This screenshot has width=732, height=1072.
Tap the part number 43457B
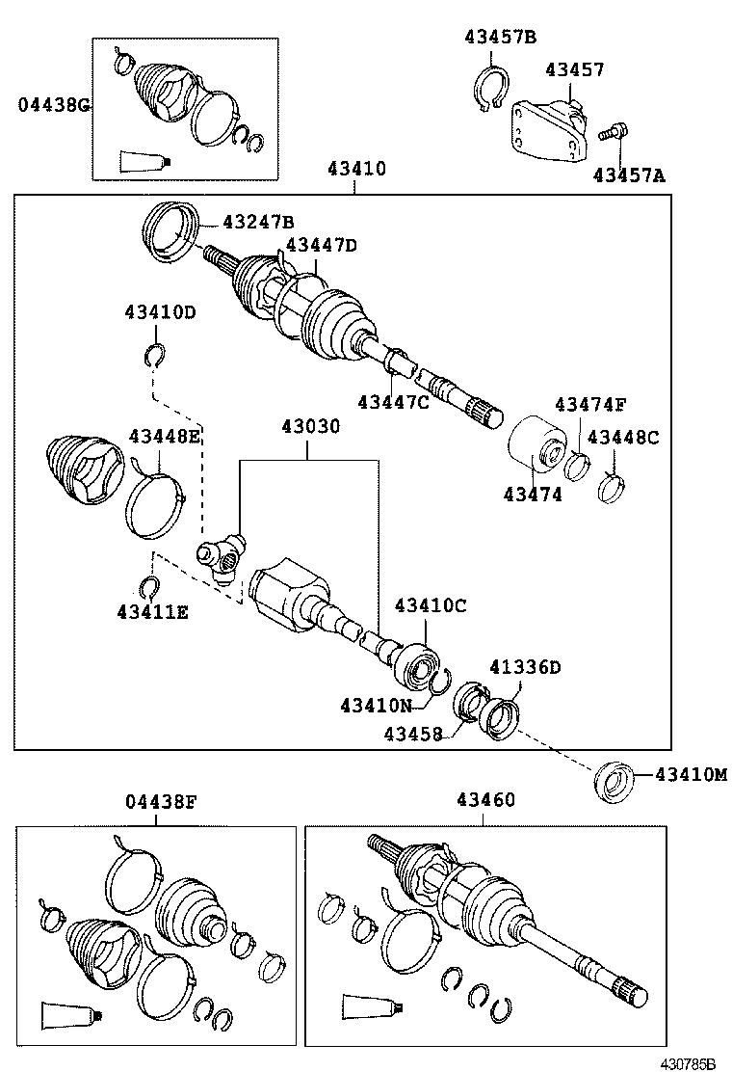[500, 38]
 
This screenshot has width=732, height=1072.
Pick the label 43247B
[258, 221]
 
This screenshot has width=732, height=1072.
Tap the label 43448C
[623, 437]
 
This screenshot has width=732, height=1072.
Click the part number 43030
[310, 426]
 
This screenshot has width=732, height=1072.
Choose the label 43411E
[152, 610]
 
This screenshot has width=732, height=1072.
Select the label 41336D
[525, 667]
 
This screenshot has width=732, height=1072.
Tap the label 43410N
[376, 705]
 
